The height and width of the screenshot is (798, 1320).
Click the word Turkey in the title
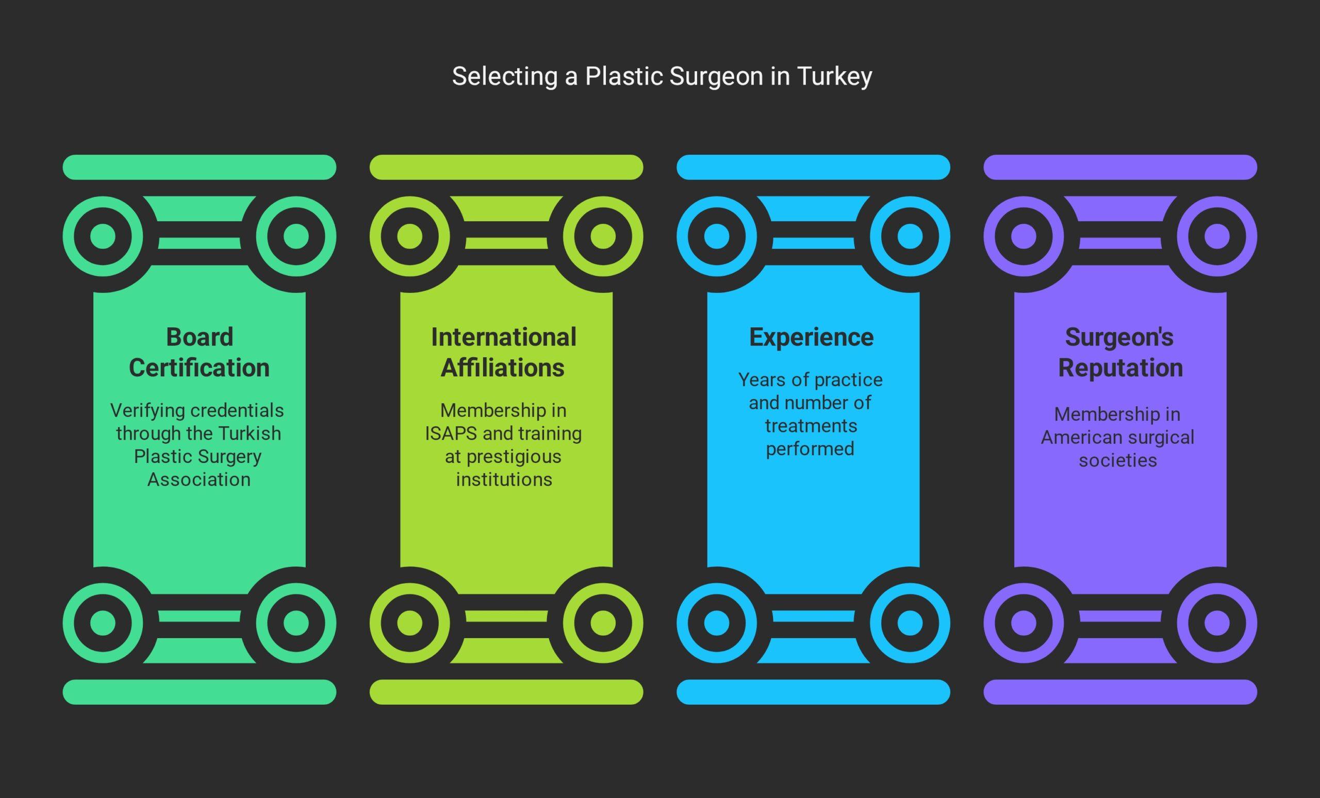click(834, 76)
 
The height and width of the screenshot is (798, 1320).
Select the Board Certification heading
click(199, 353)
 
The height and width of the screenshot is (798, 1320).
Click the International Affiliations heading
click(504, 353)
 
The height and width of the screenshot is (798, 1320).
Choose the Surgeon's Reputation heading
click(1119, 353)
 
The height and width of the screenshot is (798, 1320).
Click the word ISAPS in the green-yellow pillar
click(451, 433)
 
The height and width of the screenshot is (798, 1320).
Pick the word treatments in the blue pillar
click(811, 426)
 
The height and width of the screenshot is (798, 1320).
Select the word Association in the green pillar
click(199, 479)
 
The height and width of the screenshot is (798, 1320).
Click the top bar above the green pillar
click(199, 167)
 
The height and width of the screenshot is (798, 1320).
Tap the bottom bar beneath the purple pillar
click(1120, 692)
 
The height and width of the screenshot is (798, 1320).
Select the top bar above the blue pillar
click(813, 167)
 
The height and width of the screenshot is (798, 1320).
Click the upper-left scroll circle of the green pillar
click(103, 236)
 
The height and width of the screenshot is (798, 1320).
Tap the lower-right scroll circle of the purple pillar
click(1216, 623)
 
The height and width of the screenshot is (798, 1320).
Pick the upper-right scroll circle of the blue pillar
click(910, 236)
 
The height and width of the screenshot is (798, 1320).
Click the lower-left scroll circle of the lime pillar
click(410, 623)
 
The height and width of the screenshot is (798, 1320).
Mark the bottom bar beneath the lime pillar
click(506, 692)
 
